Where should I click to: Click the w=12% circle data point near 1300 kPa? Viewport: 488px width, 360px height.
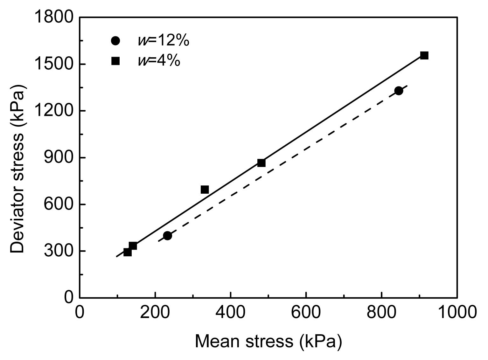click(399, 91)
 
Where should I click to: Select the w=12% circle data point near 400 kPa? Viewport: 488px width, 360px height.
click(167, 236)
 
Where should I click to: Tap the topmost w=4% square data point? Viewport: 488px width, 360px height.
click(424, 55)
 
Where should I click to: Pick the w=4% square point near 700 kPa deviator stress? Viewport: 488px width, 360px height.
click(205, 190)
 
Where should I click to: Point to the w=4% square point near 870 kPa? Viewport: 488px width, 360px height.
click(261, 163)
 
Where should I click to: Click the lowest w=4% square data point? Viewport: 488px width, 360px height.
click(127, 252)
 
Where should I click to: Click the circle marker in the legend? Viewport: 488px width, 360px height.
click(115, 41)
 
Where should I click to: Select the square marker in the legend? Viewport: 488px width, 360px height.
click(115, 61)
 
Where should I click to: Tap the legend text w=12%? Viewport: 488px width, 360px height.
click(164, 41)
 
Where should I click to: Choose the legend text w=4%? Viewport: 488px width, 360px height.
click(159, 61)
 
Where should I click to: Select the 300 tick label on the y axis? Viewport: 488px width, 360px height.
click(59, 251)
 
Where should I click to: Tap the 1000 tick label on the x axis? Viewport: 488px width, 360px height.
click(457, 312)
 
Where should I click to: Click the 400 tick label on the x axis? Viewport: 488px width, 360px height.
click(230, 312)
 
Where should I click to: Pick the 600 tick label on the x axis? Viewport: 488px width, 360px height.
click(306, 312)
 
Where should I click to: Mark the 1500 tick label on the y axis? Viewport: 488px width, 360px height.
click(54, 64)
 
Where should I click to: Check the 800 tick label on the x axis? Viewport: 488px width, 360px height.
click(381, 312)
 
